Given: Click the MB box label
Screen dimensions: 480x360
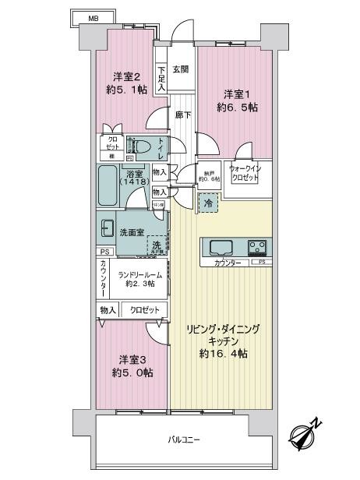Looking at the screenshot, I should tap(93, 16).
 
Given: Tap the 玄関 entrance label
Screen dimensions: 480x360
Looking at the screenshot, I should tap(180, 69).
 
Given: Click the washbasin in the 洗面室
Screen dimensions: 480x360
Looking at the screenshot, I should tap(106, 229).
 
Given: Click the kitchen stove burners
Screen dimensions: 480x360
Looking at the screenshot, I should tap(258, 248).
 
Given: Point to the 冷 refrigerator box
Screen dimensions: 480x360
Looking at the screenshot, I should tap(208, 203).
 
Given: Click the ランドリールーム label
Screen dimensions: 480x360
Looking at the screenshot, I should tap(140, 279).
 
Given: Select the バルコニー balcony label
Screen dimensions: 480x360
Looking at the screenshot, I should tap(185, 440).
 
